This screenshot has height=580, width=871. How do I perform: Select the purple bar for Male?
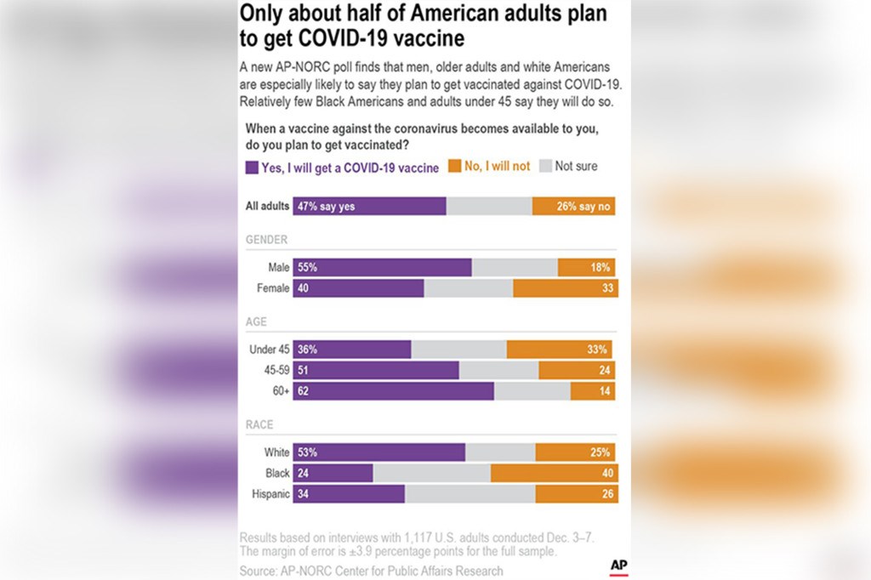click(382, 267)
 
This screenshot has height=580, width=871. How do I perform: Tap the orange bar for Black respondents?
click(554, 474)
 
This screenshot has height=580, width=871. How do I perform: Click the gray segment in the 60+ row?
click(532, 390)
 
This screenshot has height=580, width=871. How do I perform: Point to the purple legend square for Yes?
click(252, 168)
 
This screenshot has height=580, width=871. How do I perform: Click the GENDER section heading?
click(266, 241)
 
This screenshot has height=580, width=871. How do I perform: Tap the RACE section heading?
click(259, 425)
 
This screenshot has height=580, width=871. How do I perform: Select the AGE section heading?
click(257, 321)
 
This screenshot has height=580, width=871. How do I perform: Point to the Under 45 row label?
click(269, 350)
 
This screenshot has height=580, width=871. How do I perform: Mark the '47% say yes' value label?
click(327, 207)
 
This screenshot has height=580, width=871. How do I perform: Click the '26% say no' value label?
click(584, 207)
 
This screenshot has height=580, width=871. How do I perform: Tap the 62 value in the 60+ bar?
click(304, 391)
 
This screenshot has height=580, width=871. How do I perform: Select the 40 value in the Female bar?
click(304, 289)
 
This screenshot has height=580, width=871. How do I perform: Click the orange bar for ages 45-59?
click(577, 370)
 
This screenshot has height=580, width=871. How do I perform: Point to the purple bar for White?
click(379, 452)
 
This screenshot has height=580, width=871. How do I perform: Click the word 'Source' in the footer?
click(258, 571)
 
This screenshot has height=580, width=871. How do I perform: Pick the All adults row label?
click(267, 207)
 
